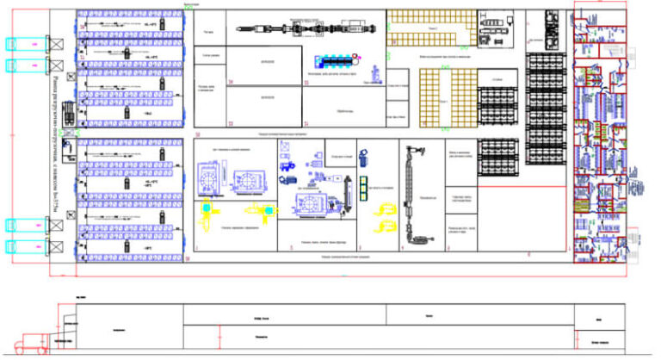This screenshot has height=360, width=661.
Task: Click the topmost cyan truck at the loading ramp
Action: pos(26,42)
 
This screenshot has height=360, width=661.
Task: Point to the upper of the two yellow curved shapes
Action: pos(383,208)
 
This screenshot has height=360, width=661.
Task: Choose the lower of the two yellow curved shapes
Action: pos(385,229)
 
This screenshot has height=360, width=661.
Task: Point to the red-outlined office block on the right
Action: pos(602,138)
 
